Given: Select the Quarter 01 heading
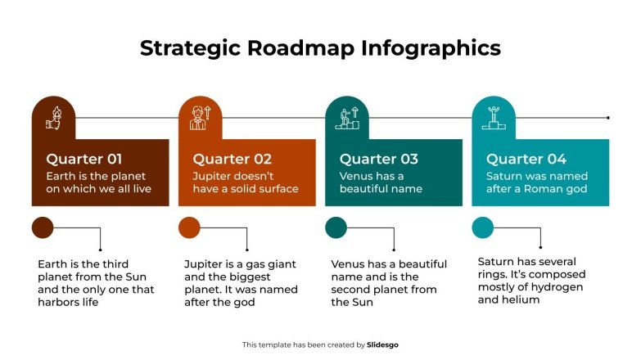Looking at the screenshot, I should click(x=84, y=159).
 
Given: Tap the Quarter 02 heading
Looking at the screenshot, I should click(x=232, y=159).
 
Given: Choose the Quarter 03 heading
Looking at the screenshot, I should click(x=378, y=159).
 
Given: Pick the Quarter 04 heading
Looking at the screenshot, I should click(x=526, y=159).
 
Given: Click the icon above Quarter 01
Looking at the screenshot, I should click(x=53, y=119).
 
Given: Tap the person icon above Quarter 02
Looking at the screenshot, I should click(x=200, y=118).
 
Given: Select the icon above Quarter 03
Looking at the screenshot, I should click(x=346, y=119).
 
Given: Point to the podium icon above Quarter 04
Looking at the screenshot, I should click(x=493, y=119).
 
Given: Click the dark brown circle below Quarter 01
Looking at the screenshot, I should click(x=43, y=227).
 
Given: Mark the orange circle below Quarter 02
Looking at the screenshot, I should click(x=189, y=227).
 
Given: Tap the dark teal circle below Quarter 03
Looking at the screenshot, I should click(x=336, y=227).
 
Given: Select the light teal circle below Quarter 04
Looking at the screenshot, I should click(x=483, y=227).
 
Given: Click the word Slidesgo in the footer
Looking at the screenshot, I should click(x=383, y=345).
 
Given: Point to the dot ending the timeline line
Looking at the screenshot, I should click(x=608, y=118).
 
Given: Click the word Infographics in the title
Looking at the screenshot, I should click(x=431, y=48).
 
